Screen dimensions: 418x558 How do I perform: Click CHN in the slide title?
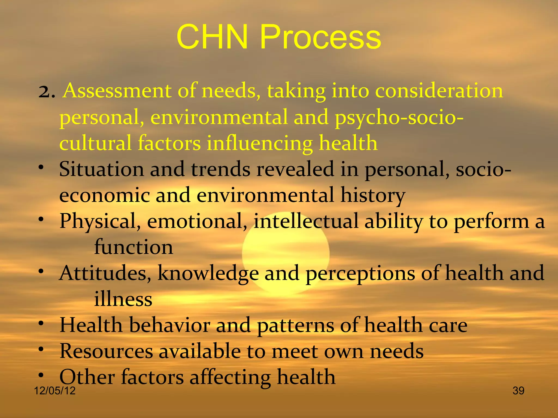(x=212, y=37)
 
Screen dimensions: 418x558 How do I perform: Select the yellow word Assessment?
(x=117, y=91)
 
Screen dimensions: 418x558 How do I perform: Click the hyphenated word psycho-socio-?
(x=399, y=118)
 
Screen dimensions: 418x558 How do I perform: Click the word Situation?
(x=101, y=170)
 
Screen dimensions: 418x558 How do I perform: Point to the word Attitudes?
(x=105, y=273)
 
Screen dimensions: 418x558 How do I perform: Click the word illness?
(x=123, y=299)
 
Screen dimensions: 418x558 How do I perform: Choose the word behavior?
(x=169, y=325)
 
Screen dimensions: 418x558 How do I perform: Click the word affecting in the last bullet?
(x=230, y=377)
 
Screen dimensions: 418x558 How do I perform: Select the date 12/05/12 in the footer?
(x=54, y=391)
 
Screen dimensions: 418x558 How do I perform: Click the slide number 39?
(x=518, y=391)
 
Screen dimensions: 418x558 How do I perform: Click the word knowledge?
(x=208, y=273)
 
